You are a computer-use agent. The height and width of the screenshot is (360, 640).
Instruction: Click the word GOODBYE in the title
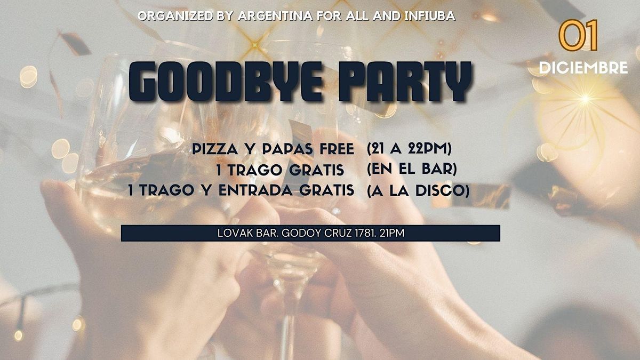pos(226,82)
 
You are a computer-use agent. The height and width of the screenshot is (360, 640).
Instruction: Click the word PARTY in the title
pos(405,82)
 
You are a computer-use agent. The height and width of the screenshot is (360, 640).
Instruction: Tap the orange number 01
pos(578,35)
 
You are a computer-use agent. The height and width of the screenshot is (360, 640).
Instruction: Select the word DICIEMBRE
pos(583,68)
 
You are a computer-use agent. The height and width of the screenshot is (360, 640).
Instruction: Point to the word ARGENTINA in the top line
pos(275,16)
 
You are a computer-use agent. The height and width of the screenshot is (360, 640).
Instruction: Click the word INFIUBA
pos(430,16)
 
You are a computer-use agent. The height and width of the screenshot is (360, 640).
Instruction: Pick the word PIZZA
pos(215,149)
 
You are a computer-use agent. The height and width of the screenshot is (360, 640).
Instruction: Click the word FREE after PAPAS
pos(337,149)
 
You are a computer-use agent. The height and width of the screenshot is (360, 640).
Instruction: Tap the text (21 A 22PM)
pos(409,149)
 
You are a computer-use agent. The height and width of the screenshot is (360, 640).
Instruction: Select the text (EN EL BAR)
pos(412,169)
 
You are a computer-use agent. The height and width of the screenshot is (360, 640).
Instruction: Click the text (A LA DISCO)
pos(418,190)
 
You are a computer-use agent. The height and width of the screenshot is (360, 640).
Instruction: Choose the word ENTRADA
pos(255,190)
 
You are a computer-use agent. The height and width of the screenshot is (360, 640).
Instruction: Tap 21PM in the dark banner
pos(392,233)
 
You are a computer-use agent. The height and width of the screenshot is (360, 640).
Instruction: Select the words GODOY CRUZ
pos(317,233)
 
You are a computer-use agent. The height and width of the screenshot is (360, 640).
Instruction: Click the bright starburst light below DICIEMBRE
pos(585,99)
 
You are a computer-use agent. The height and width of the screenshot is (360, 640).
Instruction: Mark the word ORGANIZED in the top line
pos(175,16)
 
